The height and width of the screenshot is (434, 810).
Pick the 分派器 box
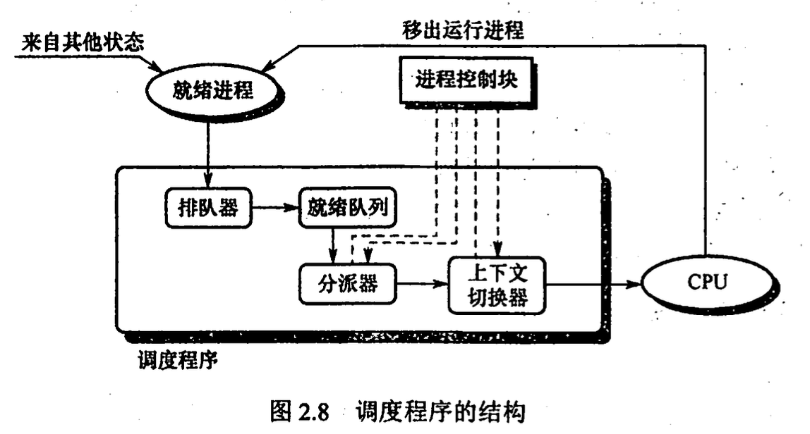tap(347, 283)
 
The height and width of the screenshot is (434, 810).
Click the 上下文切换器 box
tap(497, 285)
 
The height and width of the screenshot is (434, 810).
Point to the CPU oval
tap(706, 283)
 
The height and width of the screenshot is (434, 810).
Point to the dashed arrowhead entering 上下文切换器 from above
tap(499, 252)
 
